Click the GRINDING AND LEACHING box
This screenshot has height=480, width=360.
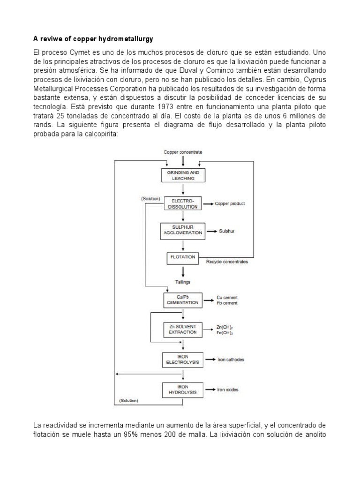click(183, 175)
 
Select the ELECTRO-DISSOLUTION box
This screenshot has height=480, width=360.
click(183, 203)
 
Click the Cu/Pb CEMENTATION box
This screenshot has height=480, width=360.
click(183, 300)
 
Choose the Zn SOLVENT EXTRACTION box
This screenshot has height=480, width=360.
click(183, 329)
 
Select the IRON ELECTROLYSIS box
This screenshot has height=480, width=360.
click(183, 360)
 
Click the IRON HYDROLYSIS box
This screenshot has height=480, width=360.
click(183, 389)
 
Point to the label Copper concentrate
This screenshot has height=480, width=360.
click(183, 152)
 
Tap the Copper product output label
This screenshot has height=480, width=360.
click(230, 204)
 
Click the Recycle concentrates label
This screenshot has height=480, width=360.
click(227, 262)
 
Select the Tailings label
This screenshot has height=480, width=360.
click(183, 282)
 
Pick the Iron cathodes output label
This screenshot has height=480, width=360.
click(231, 360)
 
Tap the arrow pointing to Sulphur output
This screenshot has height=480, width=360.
click(211, 232)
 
